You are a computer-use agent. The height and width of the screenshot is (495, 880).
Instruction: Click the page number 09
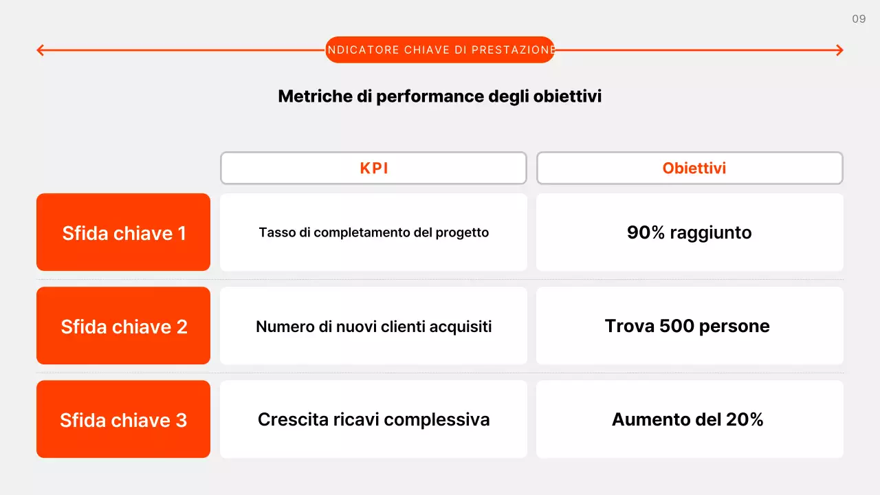coord(859,19)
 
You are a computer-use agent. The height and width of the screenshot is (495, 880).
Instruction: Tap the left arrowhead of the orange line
coord(41,50)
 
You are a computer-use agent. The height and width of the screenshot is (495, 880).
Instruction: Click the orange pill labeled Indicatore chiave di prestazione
coord(440,50)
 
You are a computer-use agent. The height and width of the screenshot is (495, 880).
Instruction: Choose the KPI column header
coord(373,168)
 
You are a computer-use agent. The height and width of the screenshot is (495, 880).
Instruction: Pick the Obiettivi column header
coord(690,168)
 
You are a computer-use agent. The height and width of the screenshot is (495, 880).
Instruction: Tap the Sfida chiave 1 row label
coord(124,233)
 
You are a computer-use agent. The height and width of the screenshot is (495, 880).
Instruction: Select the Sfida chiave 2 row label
coord(124,326)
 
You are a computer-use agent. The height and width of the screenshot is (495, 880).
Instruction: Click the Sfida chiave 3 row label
coord(124,419)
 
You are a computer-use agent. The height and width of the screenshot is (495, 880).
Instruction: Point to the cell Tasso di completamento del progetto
coord(373,232)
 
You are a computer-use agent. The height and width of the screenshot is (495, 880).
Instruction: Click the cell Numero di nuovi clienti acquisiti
coord(373,326)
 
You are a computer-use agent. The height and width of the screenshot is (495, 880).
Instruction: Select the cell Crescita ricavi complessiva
coord(373,419)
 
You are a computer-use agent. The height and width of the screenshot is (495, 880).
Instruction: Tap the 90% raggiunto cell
coord(690,232)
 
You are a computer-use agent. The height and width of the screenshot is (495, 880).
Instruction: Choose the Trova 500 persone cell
coord(690,326)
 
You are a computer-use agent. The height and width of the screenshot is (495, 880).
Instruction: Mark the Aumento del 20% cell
coord(690,419)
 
